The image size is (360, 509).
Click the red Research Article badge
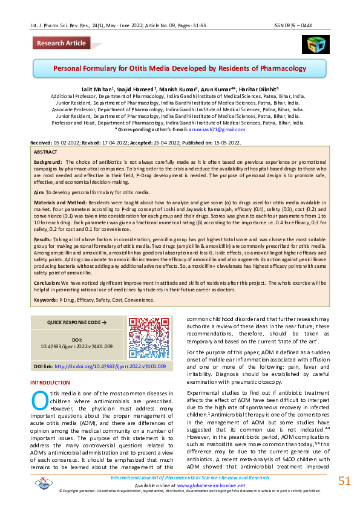tap(61, 43)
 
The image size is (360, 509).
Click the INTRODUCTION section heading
tap(50, 383)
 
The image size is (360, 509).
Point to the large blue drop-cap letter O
tap(39, 401)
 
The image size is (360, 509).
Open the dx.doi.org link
tap(110, 366)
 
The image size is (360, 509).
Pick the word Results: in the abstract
tap(44, 239)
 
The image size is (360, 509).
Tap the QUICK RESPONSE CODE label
tap(76, 323)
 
